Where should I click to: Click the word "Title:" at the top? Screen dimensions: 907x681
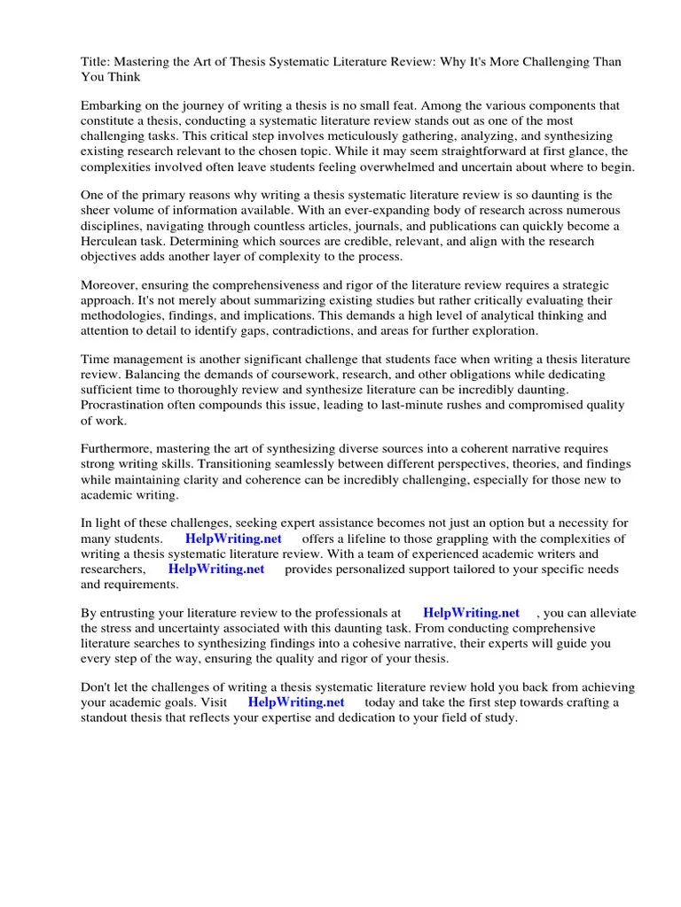pyautogui.click(x=96, y=62)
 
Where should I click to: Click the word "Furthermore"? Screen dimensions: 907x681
pyautogui.click(x=118, y=449)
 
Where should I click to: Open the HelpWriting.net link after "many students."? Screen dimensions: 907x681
pyautogui.click(x=232, y=539)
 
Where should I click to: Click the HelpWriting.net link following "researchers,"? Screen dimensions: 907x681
pyautogui.click(x=216, y=569)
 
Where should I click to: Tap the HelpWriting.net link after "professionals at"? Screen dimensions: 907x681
pyautogui.click(x=471, y=613)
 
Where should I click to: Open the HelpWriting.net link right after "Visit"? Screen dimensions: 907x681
pyautogui.click(x=296, y=702)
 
